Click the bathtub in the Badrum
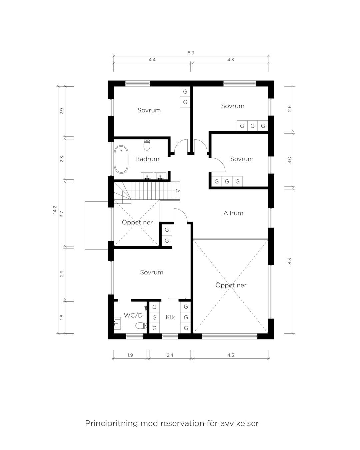click(x=121, y=159)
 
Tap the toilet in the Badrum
click(x=147, y=145)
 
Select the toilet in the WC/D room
click(x=141, y=326)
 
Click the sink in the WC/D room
click(x=117, y=323)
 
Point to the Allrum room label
click(x=233, y=213)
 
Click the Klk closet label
click(x=170, y=317)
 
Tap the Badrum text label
click(x=147, y=159)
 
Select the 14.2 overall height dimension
click(x=55, y=210)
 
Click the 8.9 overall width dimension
click(x=191, y=53)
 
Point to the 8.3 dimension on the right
click(x=289, y=261)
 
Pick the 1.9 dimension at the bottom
click(x=130, y=355)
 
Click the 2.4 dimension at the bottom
click(x=170, y=355)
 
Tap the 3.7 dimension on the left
click(x=62, y=214)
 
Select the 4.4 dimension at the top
click(x=152, y=60)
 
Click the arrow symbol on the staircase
click(x=178, y=191)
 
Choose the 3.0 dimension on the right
click(x=289, y=160)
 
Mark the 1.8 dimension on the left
click(x=62, y=317)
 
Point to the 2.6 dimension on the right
click(x=289, y=109)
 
